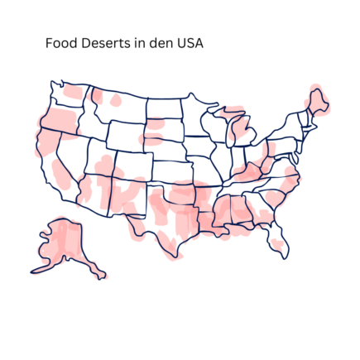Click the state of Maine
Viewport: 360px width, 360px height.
(319, 101)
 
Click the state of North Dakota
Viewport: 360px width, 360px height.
(165, 108)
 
